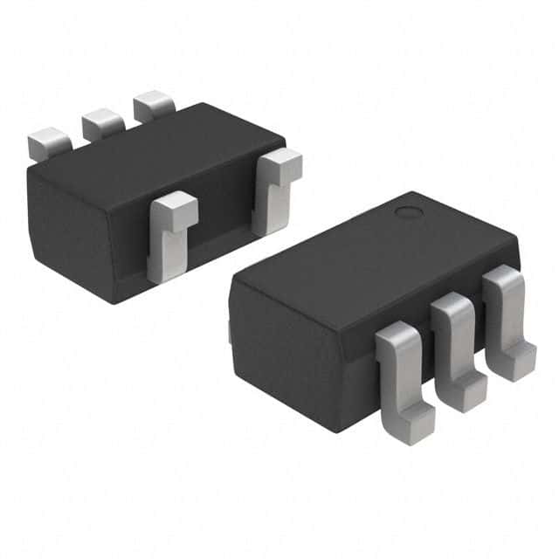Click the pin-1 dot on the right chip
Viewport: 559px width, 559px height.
pos(406,211)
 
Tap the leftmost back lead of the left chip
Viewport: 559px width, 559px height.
pos(49,142)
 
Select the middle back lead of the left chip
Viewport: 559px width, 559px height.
pos(103,123)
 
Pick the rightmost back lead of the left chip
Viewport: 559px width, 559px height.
pos(154,106)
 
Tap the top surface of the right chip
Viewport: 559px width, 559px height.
pos(376,253)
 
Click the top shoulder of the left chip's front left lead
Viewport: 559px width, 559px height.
pos(175,208)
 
